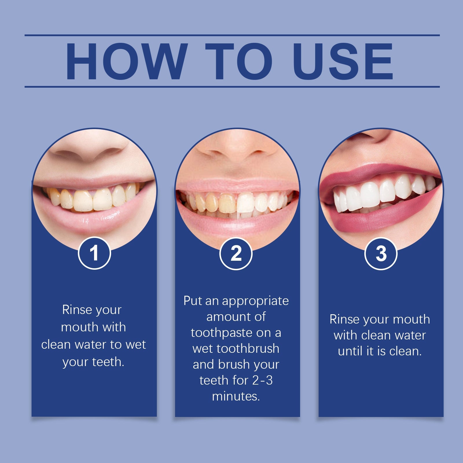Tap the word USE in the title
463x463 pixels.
(343, 61)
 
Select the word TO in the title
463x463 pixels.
(239, 61)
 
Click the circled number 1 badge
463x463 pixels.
(94, 253)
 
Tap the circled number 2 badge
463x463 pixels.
(236, 254)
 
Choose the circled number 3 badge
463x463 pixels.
(381, 254)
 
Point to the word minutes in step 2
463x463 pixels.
(236, 396)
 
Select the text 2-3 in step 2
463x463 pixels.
(262, 380)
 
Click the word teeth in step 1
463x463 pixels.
(108, 362)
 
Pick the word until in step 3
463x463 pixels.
(350, 351)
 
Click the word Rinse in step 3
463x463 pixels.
(344, 319)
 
